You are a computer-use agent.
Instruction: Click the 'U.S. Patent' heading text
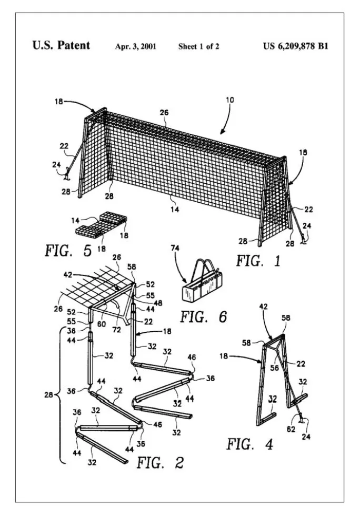[61, 45]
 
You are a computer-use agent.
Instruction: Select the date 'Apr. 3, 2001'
[135, 46]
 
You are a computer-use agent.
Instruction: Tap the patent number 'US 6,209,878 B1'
[295, 46]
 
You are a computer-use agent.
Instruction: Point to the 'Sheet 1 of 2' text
[198, 46]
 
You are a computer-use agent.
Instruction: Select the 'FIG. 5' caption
[68, 250]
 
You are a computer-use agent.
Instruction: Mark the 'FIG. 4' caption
[250, 444]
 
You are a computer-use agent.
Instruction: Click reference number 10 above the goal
[230, 100]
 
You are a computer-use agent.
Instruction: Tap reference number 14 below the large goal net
[175, 209]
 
